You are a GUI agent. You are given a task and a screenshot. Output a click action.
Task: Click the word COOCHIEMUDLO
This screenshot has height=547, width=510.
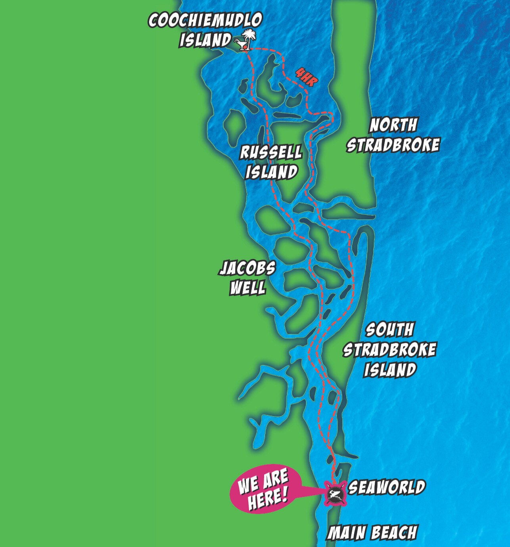[x=205, y=20]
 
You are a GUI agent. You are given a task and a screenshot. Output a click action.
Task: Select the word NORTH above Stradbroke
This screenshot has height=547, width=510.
[x=393, y=125]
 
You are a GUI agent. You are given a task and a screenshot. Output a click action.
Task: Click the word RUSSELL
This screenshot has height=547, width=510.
[x=271, y=152]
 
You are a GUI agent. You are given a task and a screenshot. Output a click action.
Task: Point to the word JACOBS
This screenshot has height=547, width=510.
[x=247, y=269]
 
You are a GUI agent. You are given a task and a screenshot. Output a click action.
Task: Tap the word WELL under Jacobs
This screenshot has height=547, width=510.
[x=247, y=288]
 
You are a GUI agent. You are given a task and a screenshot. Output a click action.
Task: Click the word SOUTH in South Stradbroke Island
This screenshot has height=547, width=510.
[x=389, y=330]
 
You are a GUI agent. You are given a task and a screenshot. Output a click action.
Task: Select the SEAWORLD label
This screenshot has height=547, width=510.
[x=387, y=488]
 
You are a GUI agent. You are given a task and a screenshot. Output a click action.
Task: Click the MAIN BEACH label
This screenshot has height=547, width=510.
[x=372, y=533]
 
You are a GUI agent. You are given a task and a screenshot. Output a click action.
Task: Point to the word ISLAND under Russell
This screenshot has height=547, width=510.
[x=272, y=172]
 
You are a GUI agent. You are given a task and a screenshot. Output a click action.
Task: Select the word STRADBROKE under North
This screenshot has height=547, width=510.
[x=393, y=145]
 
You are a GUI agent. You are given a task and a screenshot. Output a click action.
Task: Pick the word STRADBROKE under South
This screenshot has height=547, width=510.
[x=389, y=350]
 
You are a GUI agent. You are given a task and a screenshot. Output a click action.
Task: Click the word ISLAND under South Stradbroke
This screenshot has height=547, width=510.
[x=390, y=370]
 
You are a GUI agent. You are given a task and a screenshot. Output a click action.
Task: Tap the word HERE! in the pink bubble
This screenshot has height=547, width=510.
[x=268, y=498]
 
